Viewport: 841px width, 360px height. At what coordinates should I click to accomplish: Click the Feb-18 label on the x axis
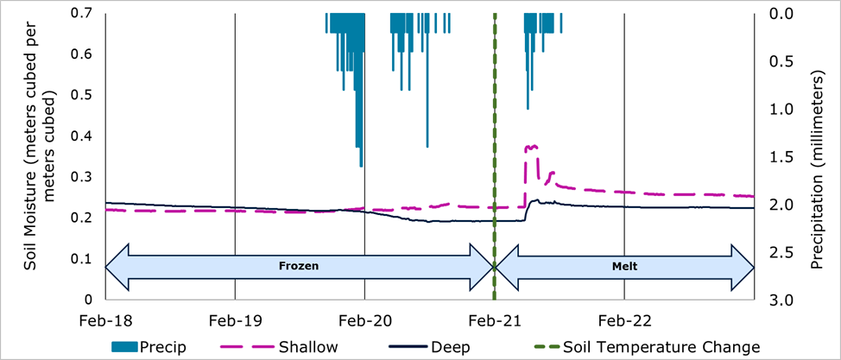[105, 320]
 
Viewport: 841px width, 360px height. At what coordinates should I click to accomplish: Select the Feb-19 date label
[235, 320]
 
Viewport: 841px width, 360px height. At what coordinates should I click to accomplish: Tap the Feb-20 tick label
[364, 320]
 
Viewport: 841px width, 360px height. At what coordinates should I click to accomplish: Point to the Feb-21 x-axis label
[494, 320]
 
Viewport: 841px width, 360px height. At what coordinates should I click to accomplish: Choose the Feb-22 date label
[623, 320]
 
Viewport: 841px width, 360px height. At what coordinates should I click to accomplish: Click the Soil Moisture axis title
[40, 155]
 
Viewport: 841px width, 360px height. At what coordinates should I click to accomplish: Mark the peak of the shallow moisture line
[531, 147]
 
